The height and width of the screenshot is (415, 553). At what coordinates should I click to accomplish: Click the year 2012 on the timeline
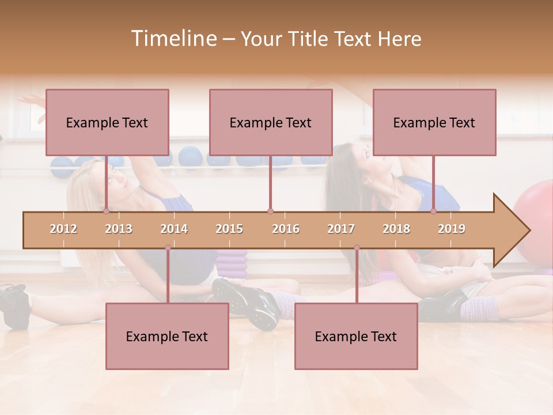point(63,229)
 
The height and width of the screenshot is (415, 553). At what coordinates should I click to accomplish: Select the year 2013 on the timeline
point(119,229)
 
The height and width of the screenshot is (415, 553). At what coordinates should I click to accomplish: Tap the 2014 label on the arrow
point(174,229)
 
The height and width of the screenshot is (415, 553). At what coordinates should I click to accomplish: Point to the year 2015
point(229,229)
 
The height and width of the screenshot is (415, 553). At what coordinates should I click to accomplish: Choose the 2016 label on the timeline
point(286,229)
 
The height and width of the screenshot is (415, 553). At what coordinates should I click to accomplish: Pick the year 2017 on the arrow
point(341,229)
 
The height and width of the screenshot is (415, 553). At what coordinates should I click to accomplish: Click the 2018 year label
point(396,229)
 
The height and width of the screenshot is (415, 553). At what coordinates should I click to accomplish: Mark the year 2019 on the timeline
point(452,229)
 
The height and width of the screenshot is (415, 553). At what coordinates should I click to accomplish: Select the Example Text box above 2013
point(107,122)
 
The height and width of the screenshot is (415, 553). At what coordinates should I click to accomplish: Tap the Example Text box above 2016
point(271,122)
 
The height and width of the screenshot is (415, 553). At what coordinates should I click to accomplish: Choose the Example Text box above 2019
point(434,122)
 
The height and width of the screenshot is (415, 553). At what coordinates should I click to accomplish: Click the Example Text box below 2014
point(167,336)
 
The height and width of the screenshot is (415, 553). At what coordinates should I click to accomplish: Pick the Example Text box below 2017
point(356,336)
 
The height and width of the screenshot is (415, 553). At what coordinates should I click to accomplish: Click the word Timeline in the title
point(173,39)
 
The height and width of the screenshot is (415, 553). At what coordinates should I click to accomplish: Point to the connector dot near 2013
point(107,212)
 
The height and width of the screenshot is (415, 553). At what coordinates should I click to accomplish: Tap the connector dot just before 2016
point(270,212)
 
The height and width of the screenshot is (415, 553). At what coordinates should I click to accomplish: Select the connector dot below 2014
point(168,248)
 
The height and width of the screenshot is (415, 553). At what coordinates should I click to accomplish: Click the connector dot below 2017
point(357,248)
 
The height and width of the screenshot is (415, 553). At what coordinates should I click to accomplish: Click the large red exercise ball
point(535,219)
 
